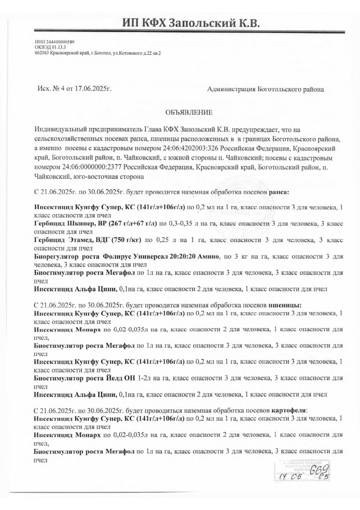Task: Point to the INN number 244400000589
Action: [58, 42]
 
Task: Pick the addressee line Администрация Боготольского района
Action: [265, 90]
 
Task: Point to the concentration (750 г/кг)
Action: [123, 240]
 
